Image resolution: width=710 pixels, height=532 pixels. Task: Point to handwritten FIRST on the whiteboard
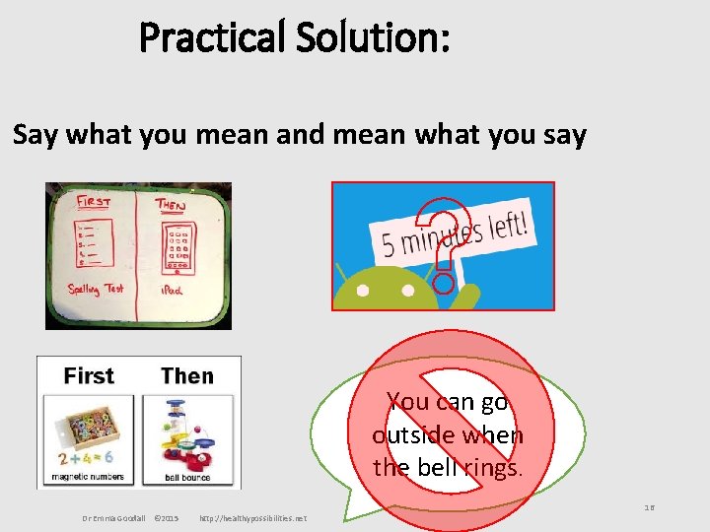[x=94, y=202]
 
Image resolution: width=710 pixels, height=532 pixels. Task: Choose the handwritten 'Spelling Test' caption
[x=96, y=290]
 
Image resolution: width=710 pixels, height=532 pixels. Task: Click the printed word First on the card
[x=89, y=375]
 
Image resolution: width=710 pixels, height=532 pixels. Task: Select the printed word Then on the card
[x=187, y=375]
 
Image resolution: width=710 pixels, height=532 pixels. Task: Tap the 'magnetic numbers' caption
[x=89, y=478]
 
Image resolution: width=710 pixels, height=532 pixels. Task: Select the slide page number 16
[x=650, y=507]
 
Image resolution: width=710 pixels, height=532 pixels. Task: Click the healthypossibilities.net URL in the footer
[x=252, y=518]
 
